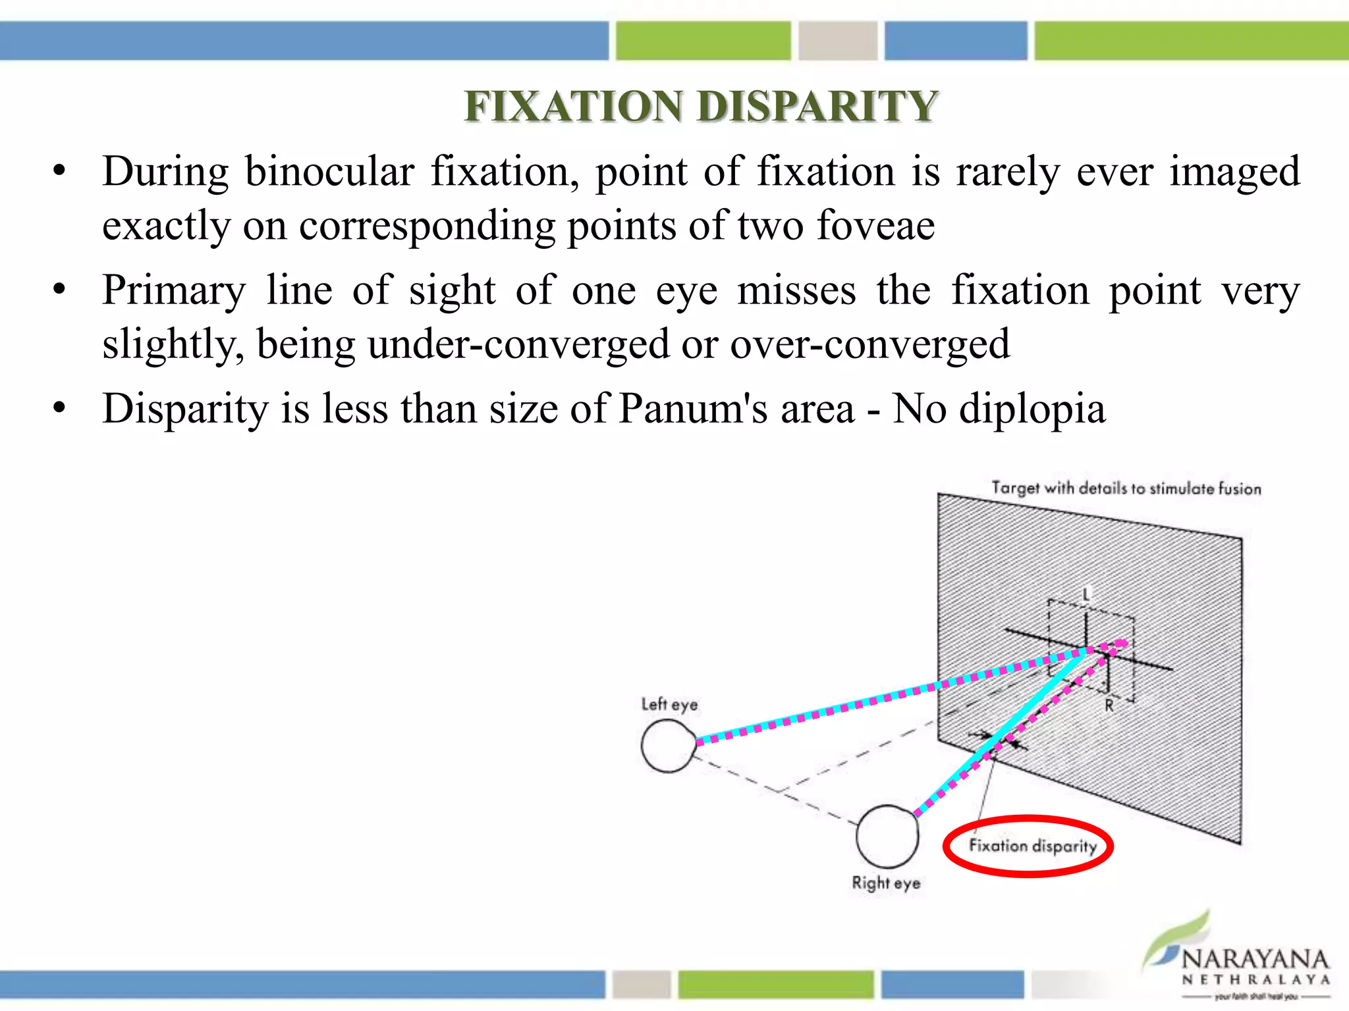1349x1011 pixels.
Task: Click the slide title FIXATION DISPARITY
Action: tap(701, 106)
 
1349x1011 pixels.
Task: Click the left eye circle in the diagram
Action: tap(668, 745)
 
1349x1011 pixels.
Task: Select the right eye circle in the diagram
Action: tap(887, 836)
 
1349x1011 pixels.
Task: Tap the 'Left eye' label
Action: tap(669, 704)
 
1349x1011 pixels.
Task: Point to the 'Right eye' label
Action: tap(886, 883)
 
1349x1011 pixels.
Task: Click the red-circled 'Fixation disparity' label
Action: tap(1032, 846)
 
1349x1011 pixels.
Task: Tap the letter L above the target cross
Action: tap(1086, 595)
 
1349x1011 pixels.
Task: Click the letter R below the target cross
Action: tap(1109, 706)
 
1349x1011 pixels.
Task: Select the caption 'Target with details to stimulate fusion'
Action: tap(1126, 488)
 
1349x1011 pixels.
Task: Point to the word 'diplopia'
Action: tap(1032, 410)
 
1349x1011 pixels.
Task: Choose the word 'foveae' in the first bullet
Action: tap(875, 226)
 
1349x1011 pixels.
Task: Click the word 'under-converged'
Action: tap(518, 344)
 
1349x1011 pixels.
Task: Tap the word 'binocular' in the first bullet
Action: tap(329, 172)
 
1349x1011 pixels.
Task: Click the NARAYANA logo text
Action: tap(1255, 960)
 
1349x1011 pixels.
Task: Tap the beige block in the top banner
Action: tap(838, 41)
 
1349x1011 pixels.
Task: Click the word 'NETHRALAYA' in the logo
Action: tap(1255, 979)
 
